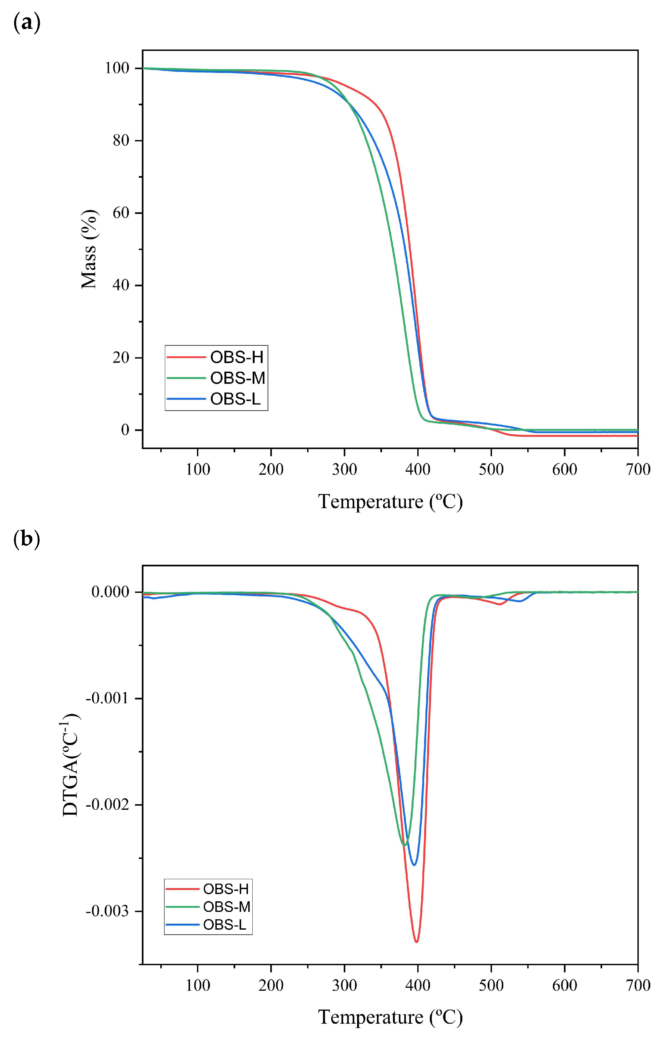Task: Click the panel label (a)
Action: click(27, 23)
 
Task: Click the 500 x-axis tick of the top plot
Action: click(491, 469)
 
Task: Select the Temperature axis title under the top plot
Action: click(390, 501)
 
